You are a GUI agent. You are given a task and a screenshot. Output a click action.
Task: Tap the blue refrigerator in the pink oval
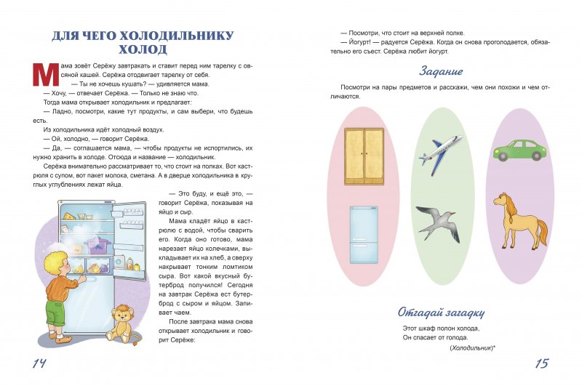click(x=363, y=235)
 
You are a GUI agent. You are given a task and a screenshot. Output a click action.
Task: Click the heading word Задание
click(x=442, y=71)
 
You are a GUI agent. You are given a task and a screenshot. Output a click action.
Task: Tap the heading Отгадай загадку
click(x=442, y=313)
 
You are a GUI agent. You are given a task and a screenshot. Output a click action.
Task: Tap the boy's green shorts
click(x=55, y=311)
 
